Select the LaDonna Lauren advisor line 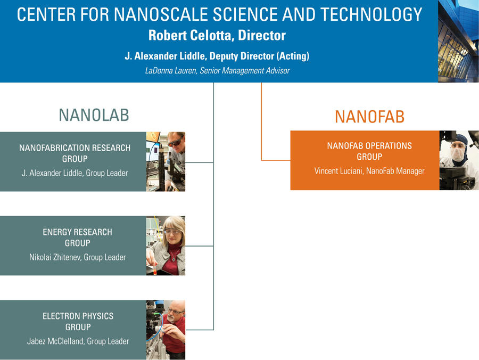point(217,71)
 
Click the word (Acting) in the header point(293,56)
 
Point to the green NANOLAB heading point(94,115)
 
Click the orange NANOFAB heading point(370,117)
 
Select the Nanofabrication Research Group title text point(75,153)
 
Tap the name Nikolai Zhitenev point(55,257)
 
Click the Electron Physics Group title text point(78,322)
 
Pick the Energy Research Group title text point(77,238)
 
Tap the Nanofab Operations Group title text point(369,151)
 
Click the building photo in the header point(458,41)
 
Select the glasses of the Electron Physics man point(176,312)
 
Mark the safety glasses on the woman point(173,232)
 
